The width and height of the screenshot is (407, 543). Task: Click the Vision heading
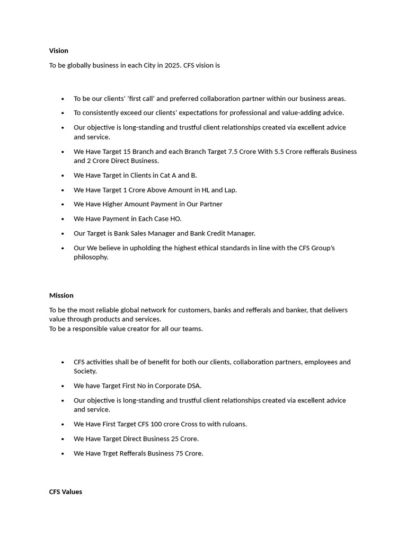[59, 51]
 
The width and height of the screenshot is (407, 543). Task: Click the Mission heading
[61, 295]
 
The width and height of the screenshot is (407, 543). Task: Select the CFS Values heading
[66, 492]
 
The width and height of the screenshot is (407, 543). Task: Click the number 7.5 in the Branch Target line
[232, 152]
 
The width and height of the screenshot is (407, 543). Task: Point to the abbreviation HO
[175, 219]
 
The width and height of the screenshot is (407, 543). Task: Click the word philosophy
[91, 257]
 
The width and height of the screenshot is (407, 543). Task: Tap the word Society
[85, 371]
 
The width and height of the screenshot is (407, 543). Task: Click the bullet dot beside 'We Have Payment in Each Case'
[63, 219]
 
